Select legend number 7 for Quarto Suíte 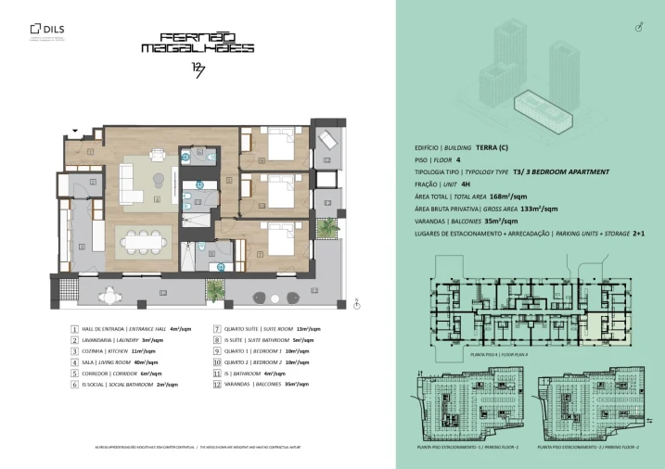(x=216, y=328)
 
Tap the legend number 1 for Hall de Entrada (x=75, y=328)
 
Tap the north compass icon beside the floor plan (x=358, y=301)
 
